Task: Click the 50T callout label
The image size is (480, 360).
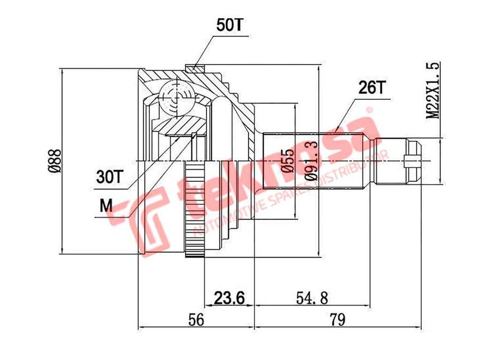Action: click(229, 25)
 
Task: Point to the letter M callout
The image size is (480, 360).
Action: click(106, 206)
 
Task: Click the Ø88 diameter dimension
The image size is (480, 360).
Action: click(55, 161)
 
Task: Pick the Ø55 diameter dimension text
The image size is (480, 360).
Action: click(288, 161)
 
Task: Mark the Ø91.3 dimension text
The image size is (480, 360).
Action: click(311, 161)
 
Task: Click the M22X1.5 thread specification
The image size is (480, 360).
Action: click(433, 90)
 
